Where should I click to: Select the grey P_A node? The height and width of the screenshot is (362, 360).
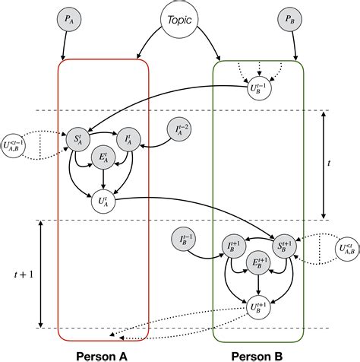tap(68, 18)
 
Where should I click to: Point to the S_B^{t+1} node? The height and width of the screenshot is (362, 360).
tap(283, 245)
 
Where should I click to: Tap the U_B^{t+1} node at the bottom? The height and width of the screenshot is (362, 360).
tap(260, 306)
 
